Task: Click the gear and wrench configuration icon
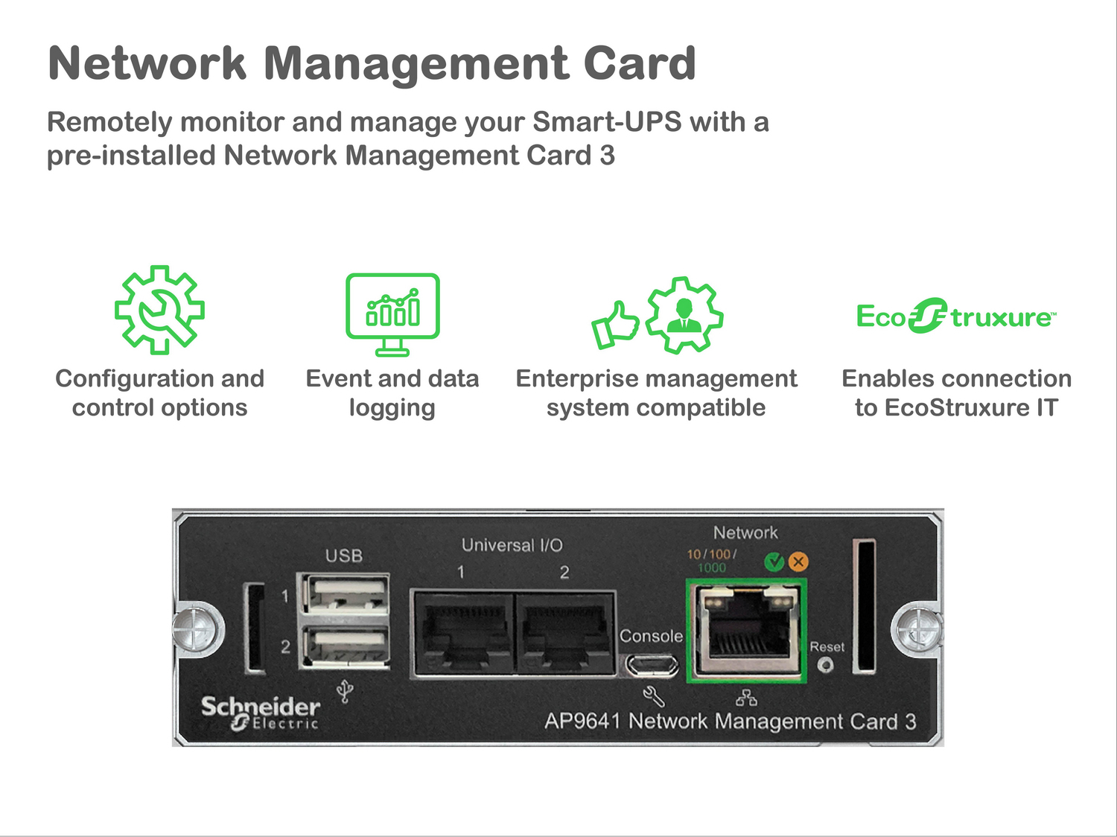point(159,310)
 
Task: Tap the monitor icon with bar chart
point(392,314)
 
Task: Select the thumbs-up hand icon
point(615,324)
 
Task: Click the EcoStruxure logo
point(955,316)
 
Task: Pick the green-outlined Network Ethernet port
point(746,631)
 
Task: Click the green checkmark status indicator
point(774,561)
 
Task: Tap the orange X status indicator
point(798,561)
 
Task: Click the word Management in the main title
point(416,63)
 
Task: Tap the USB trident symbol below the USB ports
point(344,692)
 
